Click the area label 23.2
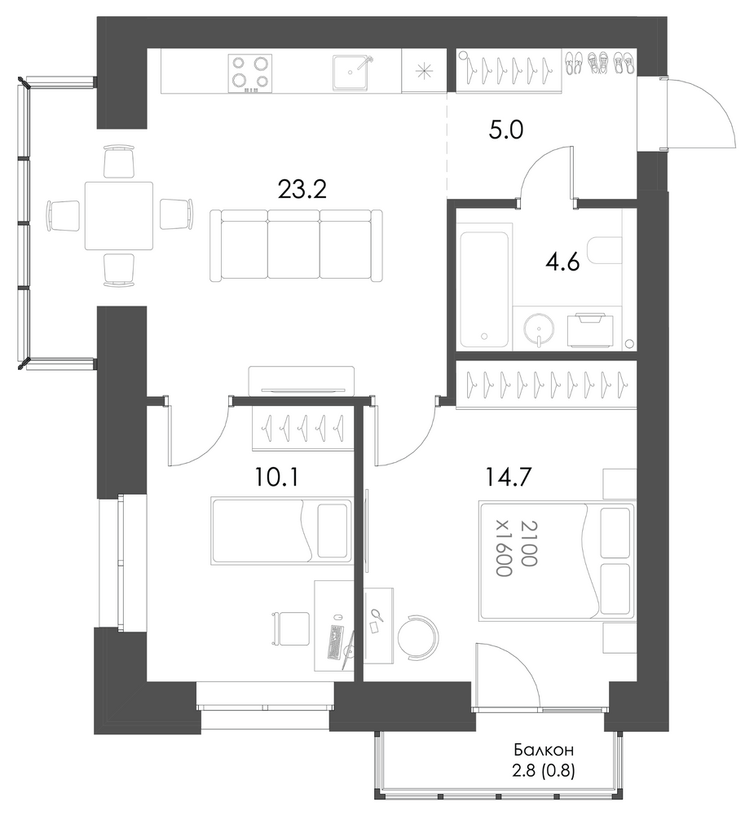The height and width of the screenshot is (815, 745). click(x=302, y=190)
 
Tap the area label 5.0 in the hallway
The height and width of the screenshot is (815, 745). click(x=506, y=130)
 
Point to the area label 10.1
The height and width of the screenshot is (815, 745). click(x=277, y=477)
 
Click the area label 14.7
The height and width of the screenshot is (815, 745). click(x=508, y=477)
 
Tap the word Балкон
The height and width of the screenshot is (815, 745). click(x=544, y=751)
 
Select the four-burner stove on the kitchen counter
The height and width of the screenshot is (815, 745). click(x=250, y=73)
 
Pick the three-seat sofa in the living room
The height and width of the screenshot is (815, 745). click(x=296, y=245)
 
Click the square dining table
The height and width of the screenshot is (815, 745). click(x=119, y=216)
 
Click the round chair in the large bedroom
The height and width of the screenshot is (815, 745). click(x=418, y=637)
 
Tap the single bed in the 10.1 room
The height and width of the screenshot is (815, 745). click(x=282, y=531)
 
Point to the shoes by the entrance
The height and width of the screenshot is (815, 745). click(x=599, y=63)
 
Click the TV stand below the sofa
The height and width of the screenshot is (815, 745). click(x=302, y=381)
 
